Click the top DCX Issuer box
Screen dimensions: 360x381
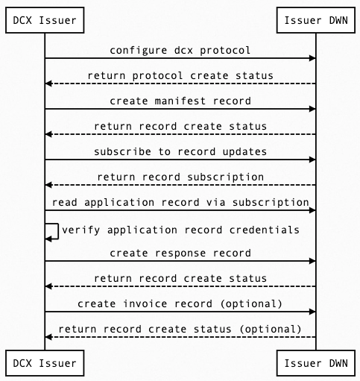[x=45, y=20]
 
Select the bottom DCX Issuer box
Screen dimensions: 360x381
[x=45, y=363]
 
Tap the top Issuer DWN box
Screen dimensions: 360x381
[x=316, y=20]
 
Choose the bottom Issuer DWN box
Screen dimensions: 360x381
[x=316, y=363]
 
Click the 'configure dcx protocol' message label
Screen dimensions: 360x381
[x=180, y=50]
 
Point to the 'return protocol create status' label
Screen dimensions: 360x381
[x=180, y=75]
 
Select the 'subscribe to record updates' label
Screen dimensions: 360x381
[x=180, y=151]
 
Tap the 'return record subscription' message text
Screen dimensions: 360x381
[x=180, y=177]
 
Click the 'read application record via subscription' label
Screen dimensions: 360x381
[x=180, y=203]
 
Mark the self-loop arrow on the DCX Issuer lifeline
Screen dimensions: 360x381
[x=58, y=231]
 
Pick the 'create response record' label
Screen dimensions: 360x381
[x=180, y=254]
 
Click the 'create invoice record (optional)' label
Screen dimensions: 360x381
[x=180, y=303]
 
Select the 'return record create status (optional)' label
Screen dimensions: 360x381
[x=180, y=329]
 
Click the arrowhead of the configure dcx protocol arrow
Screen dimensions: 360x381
[x=312, y=58]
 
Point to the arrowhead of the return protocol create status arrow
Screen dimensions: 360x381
[x=48, y=84]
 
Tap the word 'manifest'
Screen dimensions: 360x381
[x=180, y=101]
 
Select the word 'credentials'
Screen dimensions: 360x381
[x=265, y=230]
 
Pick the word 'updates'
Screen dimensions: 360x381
[x=244, y=151]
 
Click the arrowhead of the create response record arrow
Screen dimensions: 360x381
[x=312, y=261]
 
